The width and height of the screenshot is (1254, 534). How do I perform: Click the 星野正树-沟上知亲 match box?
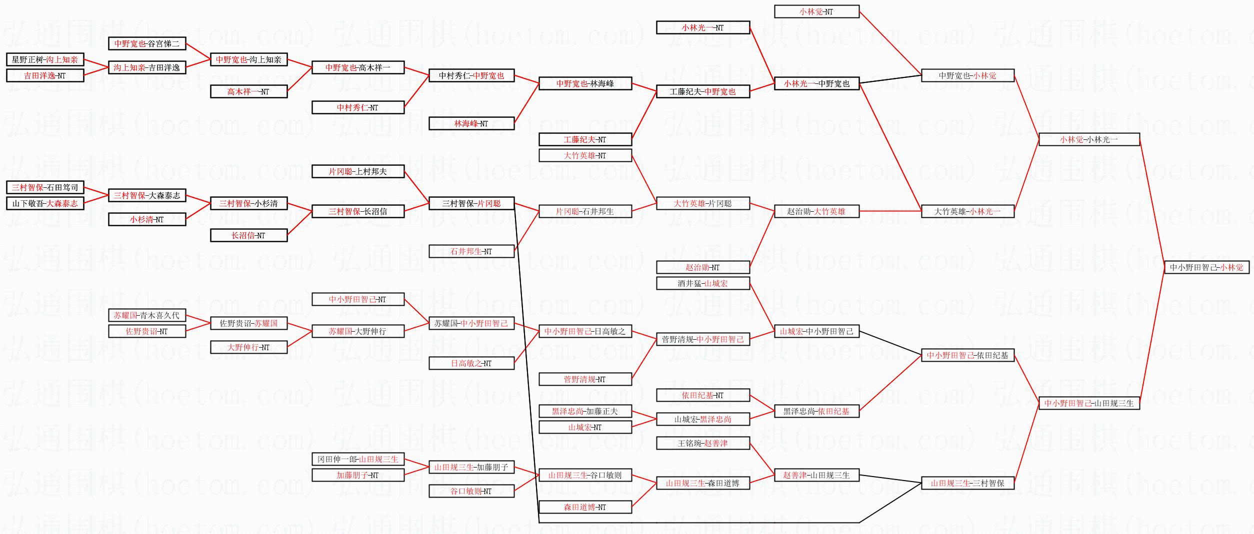pyautogui.click(x=45, y=59)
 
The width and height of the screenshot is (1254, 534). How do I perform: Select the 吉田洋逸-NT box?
pyautogui.click(x=45, y=75)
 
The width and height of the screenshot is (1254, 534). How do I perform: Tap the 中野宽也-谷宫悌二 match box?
pyautogui.click(x=147, y=43)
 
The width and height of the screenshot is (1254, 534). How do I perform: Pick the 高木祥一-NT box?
pyautogui.click(x=248, y=91)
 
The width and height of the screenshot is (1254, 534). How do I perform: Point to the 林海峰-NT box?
pyautogui.click(x=471, y=123)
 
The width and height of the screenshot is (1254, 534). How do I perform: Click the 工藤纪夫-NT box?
pyautogui.click(x=585, y=139)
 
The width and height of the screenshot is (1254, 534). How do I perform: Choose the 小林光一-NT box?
pyautogui.click(x=702, y=27)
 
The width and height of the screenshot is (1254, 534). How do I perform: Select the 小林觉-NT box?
pyautogui.click(x=816, y=11)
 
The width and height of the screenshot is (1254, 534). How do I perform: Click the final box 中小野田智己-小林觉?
pyautogui.click(x=1206, y=267)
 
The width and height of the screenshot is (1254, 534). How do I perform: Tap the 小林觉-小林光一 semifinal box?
pyautogui.click(x=1089, y=139)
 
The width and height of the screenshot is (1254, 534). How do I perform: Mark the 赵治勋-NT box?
pyautogui.click(x=702, y=267)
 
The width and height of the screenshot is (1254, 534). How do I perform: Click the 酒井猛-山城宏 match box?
pyautogui.click(x=702, y=283)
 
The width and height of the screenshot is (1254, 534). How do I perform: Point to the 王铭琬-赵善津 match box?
pyautogui.click(x=702, y=443)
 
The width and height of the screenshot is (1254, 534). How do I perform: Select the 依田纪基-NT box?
pyautogui.click(x=702, y=395)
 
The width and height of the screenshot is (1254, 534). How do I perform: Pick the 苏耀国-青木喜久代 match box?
pyautogui.click(x=147, y=315)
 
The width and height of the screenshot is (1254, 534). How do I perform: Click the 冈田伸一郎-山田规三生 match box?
pyautogui.click(x=358, y=459)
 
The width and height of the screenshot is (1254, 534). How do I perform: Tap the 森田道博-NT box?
pyautogui.click(x=585, y=507)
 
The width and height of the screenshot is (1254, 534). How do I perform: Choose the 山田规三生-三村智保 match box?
pyautogui.click(x=967, y=483)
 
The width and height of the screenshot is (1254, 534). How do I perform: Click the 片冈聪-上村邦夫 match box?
pyautogui.click(x=358, y=171)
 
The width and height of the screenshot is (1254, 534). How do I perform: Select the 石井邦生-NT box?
pyautogui.click(x=471, y=251)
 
